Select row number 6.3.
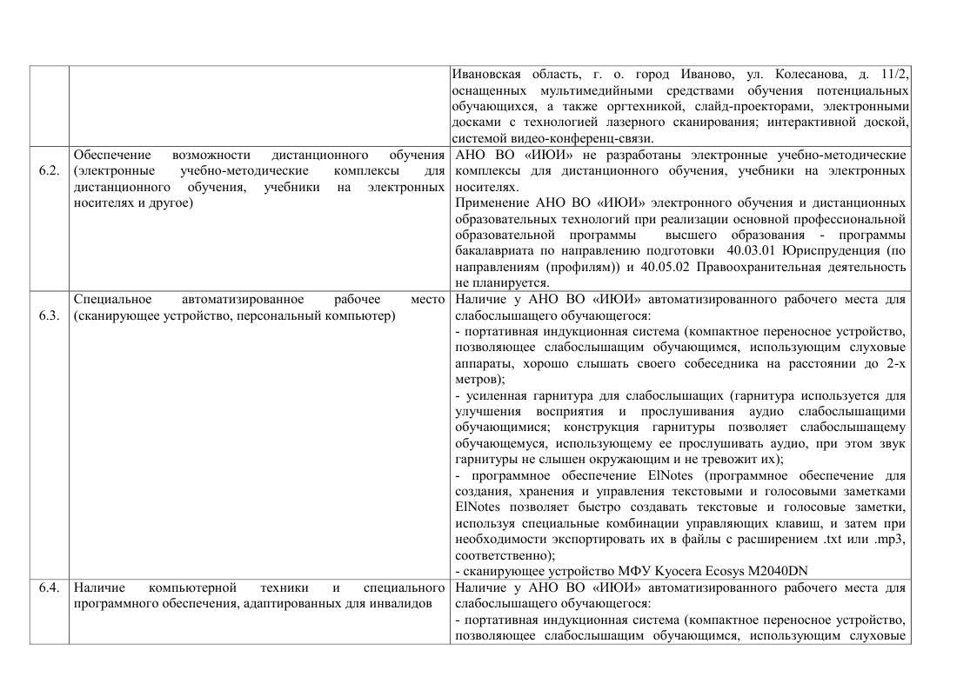49,315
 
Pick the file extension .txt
834,540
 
